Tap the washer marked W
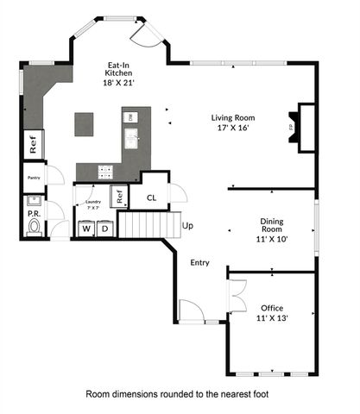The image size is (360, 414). tap(86, 229)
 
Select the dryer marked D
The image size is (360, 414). tap(104, 229)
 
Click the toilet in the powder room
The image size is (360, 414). tap(35, 227)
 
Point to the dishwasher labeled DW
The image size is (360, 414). tap(130, 116)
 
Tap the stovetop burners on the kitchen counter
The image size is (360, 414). tap(105, 171)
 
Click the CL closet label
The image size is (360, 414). tap(150, 198)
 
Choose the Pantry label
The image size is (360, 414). tap(34, 181)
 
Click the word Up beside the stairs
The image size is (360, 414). tap(187, 226)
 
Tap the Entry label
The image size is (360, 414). tap(199, 262)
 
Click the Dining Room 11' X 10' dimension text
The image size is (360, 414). tap(273, 231)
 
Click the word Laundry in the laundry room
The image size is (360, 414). tap(93, 202)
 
